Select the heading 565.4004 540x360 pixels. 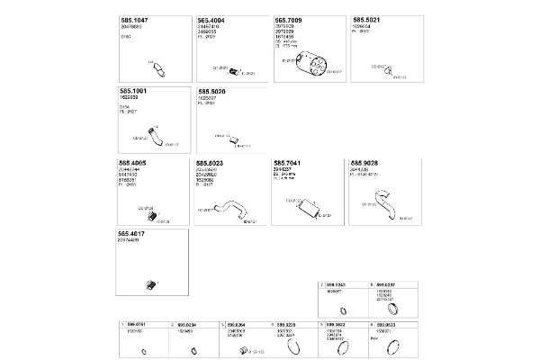click(x=212, y=19)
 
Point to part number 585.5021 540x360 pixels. click(x=367, y=19)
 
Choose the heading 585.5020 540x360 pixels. click(x=212, y=91)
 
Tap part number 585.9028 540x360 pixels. click(x=366, y=163)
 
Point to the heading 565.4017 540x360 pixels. click(x=135, y=232)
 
